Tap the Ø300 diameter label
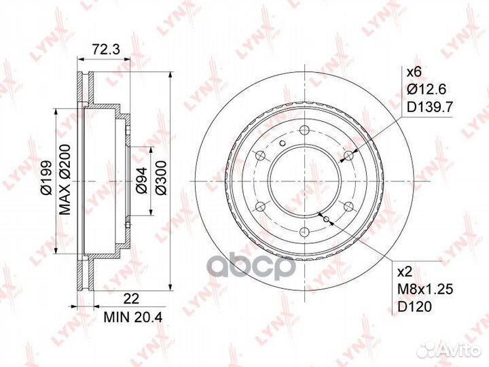(x=161, y=178)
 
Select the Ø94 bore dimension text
(x=141, y=181)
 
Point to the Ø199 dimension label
(x=46, y=178)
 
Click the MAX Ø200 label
(x=65, y=179)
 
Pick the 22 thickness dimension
(x=131, y=298)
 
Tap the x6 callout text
(x=414, y=72)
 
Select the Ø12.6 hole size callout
(x=427, y=90)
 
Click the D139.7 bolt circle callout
(x=429, y=107)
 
